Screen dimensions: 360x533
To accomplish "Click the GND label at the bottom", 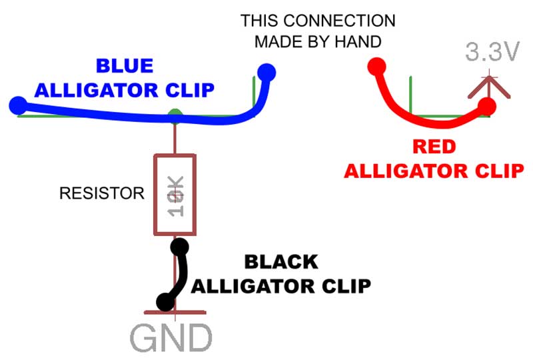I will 171,338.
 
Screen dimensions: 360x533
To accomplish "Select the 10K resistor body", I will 175,194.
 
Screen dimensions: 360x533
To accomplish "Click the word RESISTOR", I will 101,194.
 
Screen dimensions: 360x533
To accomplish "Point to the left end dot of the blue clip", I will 18,105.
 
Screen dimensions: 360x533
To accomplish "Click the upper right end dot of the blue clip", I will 266,71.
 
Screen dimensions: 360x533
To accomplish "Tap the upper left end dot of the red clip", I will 376,67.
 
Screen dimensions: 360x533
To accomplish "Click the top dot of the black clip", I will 178,247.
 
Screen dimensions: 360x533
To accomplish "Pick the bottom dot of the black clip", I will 163,302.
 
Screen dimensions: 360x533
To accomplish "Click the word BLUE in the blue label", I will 125,66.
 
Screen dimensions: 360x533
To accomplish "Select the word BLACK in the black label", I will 280,262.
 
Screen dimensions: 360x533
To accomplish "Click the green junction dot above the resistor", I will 175,115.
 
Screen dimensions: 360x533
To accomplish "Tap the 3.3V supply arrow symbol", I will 490,87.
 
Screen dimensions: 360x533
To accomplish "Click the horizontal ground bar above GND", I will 175,311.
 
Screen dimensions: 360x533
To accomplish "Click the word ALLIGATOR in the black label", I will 243,286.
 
